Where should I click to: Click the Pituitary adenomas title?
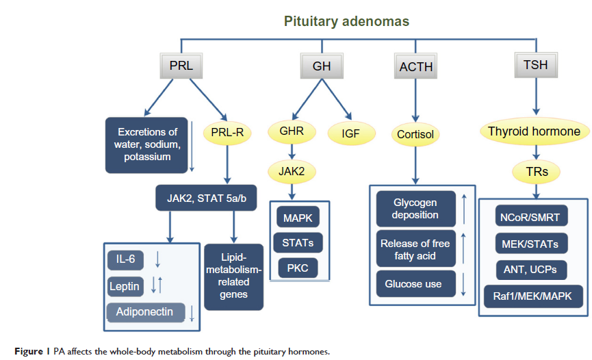click(346, 21)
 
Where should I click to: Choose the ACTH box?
click(416, 67)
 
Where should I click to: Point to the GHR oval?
click(292, 129)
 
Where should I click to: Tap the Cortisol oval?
click(416, 134)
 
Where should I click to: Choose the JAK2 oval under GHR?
click(292, 173)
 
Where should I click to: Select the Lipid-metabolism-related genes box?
click(233, 277)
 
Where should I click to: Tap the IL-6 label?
click(126, 259)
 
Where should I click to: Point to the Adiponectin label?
click(146, 312)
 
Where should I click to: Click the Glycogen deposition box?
click(415, 209)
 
